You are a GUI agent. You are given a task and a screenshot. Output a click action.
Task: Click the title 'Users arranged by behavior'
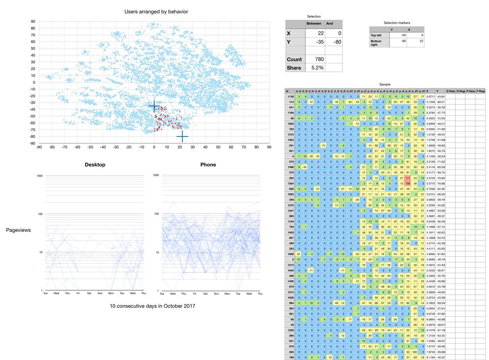tap(156, 12)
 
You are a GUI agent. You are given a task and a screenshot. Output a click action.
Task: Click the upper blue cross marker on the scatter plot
tap(154, 106)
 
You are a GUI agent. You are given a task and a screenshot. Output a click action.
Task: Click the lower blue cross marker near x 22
tap(182, 137)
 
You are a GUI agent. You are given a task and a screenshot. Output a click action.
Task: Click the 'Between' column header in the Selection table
tap(314, 23)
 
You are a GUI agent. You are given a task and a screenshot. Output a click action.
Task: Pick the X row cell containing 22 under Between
tap(315, 33)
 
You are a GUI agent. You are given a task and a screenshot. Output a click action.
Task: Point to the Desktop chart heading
tap(95, 165)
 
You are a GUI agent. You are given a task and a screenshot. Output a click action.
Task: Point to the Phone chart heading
tap(208, 165)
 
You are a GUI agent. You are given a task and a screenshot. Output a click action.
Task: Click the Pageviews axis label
tap(18, 230)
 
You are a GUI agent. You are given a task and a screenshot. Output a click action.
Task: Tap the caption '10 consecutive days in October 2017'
tap(152, 306)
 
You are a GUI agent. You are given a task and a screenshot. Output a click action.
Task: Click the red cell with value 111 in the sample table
tap(407, 178)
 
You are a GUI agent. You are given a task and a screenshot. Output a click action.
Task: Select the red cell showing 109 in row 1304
tap(407, 184)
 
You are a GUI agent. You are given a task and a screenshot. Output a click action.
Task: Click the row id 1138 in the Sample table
tap(290, 97)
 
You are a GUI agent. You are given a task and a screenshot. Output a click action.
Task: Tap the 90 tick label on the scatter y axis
tap(33, 22)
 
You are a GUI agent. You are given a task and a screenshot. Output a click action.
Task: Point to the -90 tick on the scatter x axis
tap(39, 147)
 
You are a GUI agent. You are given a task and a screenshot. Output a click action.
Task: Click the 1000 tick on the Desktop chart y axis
tap(39, 176)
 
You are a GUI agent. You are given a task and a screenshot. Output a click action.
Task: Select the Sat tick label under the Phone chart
tap(205, 294)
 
